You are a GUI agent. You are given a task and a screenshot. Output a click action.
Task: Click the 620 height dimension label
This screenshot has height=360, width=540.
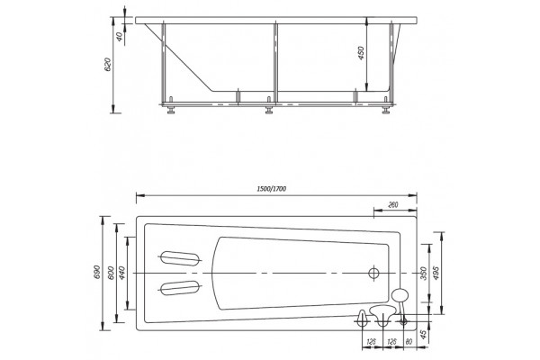coord(108,65)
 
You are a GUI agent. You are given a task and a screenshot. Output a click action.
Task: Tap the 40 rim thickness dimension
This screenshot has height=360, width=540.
coord(120,37)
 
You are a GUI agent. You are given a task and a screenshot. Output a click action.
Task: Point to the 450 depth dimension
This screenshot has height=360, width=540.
coord(361,53)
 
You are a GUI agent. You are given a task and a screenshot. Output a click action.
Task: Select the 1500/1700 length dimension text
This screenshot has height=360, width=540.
coord(272,189)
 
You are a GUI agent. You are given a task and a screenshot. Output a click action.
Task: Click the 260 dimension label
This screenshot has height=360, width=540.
coord(393,205)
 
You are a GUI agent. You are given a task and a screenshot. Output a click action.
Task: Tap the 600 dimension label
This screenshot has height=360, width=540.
coord(111,274)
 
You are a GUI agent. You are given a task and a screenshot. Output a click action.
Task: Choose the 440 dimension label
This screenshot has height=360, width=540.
coord(122,274)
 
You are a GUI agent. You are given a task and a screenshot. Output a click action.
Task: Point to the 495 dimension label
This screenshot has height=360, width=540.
coord(436,274)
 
